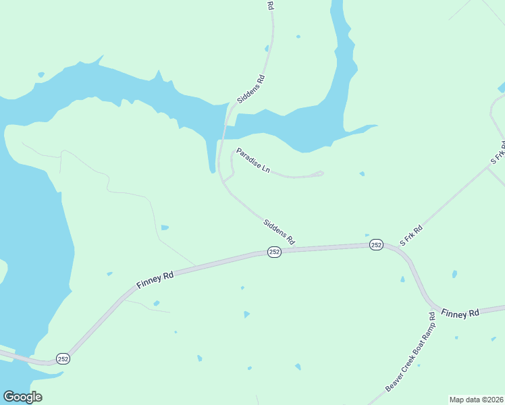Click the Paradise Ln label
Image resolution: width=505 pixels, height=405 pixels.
tap(253, 161)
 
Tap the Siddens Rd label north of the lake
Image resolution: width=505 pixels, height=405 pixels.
tap(251, 89)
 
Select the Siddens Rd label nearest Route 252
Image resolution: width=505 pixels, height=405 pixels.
tap(279, 231)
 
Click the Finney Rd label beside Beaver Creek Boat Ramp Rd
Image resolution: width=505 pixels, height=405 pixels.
tap(460, 313)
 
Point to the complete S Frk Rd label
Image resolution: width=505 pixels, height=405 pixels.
tap(410, 235)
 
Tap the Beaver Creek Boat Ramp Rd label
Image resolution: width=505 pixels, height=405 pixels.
tap(410, 352)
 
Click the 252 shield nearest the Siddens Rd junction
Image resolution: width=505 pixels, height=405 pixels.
tap(274, 252)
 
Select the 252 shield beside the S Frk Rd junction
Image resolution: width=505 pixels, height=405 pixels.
tap(377, 245)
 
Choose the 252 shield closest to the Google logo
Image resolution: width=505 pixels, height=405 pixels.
tap(63, 358)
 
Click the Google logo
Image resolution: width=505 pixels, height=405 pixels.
tap(22, 397)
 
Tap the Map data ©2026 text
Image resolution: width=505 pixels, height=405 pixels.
tap(476, 400)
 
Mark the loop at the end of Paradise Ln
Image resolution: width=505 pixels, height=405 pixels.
tap(319, 173)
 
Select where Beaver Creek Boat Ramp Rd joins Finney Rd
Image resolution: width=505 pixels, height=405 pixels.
tap(433, 306)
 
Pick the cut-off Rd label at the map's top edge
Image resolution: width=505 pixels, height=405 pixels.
tap(270, 5)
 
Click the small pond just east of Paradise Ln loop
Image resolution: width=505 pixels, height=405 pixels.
tap(362, 174)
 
